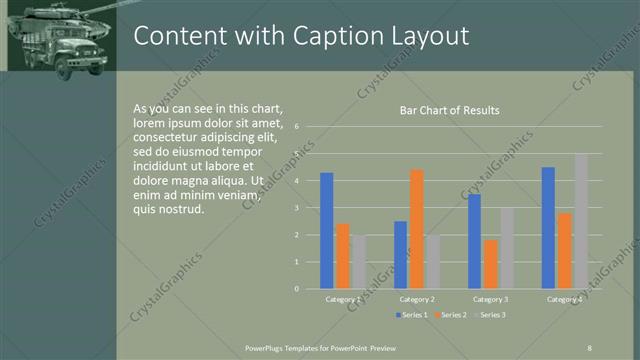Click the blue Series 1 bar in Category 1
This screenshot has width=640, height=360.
pos(326,231)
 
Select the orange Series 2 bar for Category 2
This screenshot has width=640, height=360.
pos(417,229)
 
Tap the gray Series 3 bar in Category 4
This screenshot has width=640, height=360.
pos(580,221)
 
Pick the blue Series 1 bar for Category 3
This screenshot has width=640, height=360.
pos(474,241)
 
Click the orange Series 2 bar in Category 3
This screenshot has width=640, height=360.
pos(490,264)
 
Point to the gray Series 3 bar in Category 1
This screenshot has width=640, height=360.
pos(358,262)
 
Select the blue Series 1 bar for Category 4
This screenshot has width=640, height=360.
pos(548,228)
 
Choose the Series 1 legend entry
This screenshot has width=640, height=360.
pos(413,315)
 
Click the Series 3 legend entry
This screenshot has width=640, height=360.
pos(489,315)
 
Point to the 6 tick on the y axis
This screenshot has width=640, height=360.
pos(297,127)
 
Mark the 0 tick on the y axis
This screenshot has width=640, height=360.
pos(297,288)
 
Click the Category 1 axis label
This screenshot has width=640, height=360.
pos(343,299)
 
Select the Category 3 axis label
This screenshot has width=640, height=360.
pos(490,299)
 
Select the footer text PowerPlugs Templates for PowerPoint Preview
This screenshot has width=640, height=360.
pos(321,347)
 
